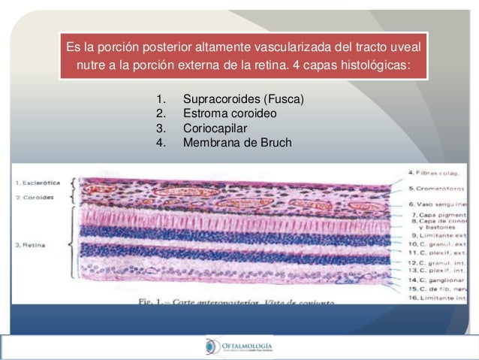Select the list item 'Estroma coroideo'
(x=230, y=113)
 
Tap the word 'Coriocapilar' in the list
(x=215, y=129)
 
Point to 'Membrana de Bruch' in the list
(x=236, y=143)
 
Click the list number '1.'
(x=160, y=99)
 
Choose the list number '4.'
(x=160, y=143)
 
